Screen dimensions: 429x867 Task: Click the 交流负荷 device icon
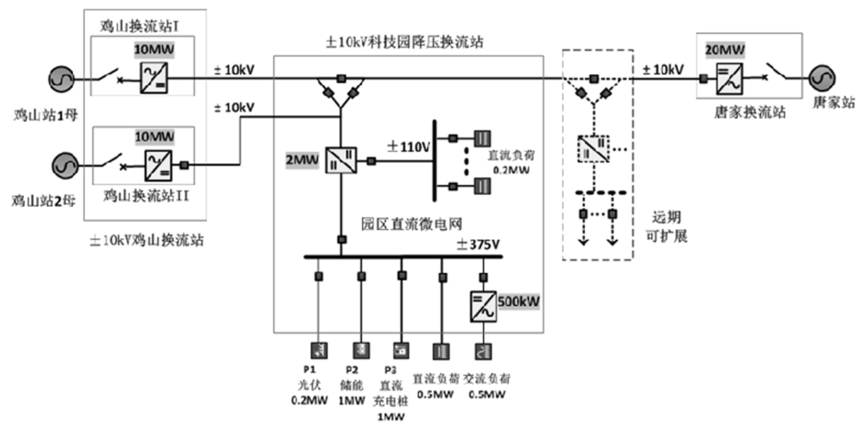click(482, 350)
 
